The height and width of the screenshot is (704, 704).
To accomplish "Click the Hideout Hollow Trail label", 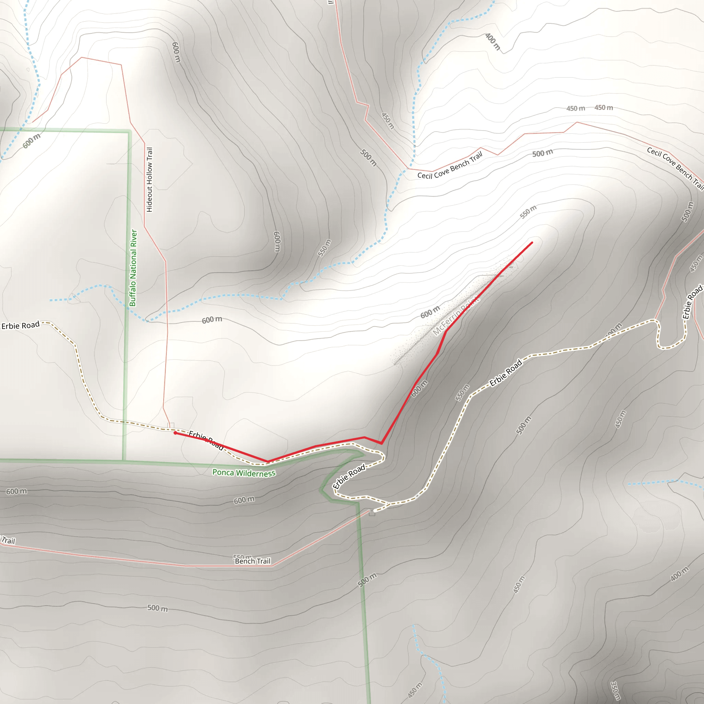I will (x=150, y=180).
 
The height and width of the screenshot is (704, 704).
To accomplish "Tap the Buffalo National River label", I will (x=133, y=268).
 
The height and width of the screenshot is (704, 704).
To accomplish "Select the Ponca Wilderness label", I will (x=244, y=473).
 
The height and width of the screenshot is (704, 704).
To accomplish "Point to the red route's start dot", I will (x=175, y=433).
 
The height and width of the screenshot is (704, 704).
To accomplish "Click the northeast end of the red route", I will (x=532, y=242).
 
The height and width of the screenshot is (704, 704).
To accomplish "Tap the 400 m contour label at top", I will (x=493, y=42).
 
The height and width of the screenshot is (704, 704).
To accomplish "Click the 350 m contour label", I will (x=615, y=691).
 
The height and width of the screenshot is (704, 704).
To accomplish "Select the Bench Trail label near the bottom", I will (x=253, y=561).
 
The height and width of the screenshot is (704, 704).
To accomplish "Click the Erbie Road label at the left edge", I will (x=20, y=325).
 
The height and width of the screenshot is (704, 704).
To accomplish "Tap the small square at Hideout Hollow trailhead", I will (x=170, y=426).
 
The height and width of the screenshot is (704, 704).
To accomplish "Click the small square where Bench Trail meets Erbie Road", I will (x=372, y=513).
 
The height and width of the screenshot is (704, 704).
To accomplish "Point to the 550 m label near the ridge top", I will (x=528, y=212).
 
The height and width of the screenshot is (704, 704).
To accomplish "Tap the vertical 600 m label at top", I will (x=176, y=52).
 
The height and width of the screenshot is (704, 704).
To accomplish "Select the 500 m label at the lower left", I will (x=157, y=608).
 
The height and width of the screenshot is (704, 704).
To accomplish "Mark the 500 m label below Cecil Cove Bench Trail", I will (x=542, y=153).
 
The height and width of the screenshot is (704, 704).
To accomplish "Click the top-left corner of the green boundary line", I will (x=129, y=131).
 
